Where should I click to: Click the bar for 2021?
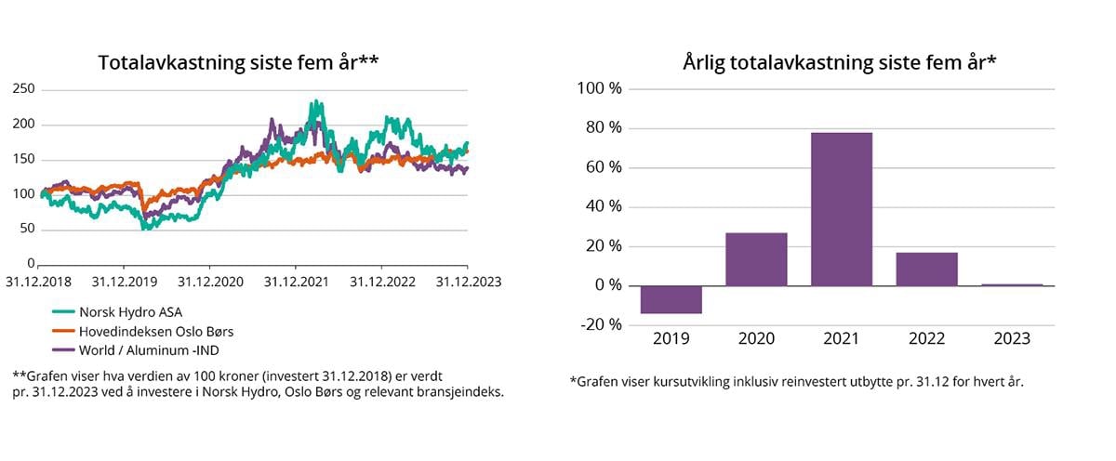841,209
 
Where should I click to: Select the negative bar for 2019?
671,299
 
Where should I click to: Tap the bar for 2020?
756,259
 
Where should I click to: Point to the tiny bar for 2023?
1012,284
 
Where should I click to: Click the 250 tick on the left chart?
23,89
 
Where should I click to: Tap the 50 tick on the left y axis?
27,229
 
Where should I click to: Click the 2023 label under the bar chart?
1012,338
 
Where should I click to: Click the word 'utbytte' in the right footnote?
867,382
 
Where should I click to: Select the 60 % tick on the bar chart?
602,168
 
